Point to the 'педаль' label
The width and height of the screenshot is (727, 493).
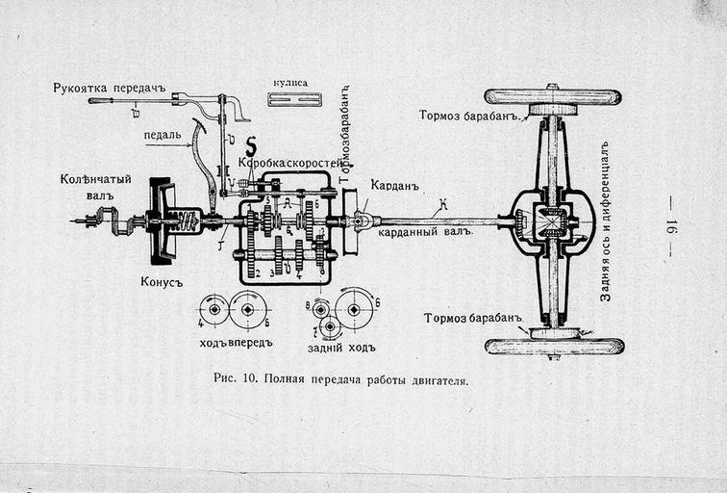point(163,135)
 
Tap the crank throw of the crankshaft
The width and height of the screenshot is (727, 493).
point(116,222)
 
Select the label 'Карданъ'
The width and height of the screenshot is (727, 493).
point(390,183)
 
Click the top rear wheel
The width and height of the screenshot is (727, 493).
point(553,97)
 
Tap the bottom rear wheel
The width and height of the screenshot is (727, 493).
point(553,346)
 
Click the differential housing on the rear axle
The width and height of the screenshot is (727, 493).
point(551,222)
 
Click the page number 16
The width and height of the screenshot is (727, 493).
point(671,227)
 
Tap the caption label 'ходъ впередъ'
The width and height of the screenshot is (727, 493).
point(236,342)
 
